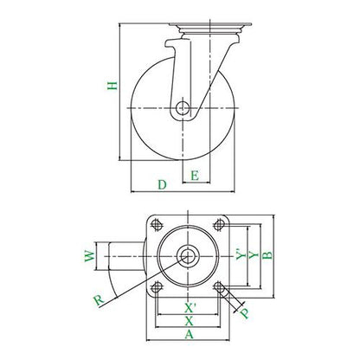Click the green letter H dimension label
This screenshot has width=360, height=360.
[x=112, y=86]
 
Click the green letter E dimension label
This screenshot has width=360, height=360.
[x=195, y=175]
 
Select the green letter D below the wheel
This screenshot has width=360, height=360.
[x=163, y=184]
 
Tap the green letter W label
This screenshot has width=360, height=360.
[x=90, y=256]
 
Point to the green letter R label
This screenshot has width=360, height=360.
[x=99, y=300]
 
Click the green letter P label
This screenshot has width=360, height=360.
[x=245, y=313]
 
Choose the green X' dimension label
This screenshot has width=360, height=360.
[x=190, y=308]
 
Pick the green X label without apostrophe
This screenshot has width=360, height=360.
[x=189, y=321]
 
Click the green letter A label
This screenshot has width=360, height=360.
[x=189, y=334]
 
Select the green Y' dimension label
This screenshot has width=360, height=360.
[x=241, y=254]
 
